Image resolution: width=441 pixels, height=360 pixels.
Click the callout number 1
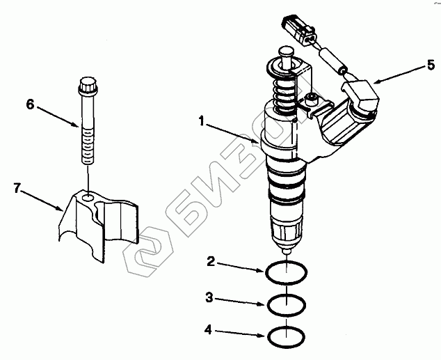coord(202,121)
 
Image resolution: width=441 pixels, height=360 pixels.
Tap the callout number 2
coord(211,262)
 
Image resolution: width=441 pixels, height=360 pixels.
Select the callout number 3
coord(209,297)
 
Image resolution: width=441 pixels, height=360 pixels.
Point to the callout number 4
coord(208,329)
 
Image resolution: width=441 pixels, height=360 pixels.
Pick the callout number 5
coord(431,65)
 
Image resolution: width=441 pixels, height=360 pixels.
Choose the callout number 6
coord(30,104)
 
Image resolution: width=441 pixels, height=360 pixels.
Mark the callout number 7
coord(17,188)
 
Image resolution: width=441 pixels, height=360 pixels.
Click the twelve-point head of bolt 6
coord(88,85)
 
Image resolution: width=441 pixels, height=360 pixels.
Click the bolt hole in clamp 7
coord(88,198)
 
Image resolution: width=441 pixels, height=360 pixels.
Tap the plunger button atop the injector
coord(287,53)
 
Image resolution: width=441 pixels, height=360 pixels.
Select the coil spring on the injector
coord(284,95)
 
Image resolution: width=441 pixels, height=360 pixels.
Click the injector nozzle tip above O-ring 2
coord(287,251)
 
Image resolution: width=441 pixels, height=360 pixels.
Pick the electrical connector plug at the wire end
coord(299,29)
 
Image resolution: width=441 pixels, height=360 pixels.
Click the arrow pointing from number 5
coord(400,75)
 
